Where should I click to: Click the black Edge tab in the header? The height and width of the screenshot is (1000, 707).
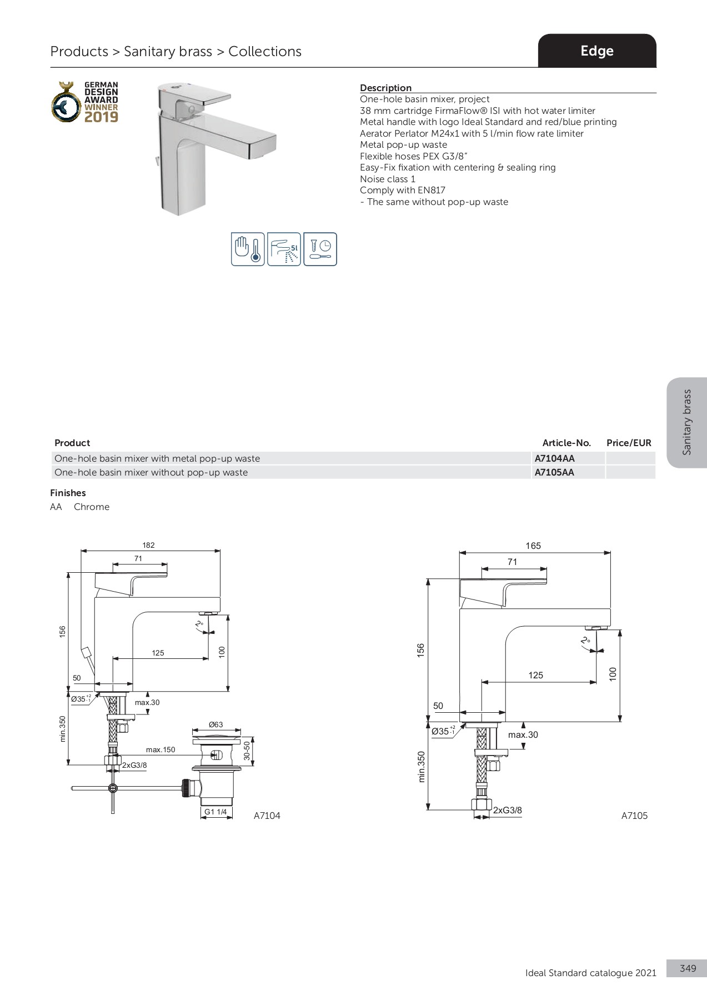tap(596, 51)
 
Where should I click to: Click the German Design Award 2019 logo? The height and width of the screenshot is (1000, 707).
tap(86, 102)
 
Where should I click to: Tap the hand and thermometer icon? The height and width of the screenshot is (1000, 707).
tap(248, 249)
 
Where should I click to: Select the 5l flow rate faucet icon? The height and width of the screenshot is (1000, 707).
tap(284, 249)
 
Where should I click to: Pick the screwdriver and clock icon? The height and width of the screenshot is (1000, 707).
tap(320, 249)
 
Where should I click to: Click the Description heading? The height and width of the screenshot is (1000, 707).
tap(385, 88)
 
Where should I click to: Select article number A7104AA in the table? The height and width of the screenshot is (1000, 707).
tap(554, 458)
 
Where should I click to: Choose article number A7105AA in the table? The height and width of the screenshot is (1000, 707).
tap(554, 472)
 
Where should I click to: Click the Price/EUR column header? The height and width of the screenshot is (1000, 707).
tap(629, 443)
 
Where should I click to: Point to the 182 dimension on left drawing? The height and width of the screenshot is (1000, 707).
tap(148, 545)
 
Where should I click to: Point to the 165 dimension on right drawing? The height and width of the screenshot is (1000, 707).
tap(533, 546)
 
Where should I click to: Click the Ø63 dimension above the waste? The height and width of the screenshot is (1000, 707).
tap(215, 724)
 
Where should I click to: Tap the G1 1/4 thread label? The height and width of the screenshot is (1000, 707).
tap(215, 812)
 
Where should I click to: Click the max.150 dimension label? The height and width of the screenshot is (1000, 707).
tap(161, 749)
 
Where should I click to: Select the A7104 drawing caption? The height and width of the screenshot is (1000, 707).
tap(267, 816)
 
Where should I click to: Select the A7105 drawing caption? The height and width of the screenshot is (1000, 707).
tap(634, 816)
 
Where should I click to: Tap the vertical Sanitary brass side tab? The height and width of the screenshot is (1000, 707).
tap(687, 422)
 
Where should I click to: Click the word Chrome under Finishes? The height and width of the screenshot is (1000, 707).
tap(92, 507)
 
